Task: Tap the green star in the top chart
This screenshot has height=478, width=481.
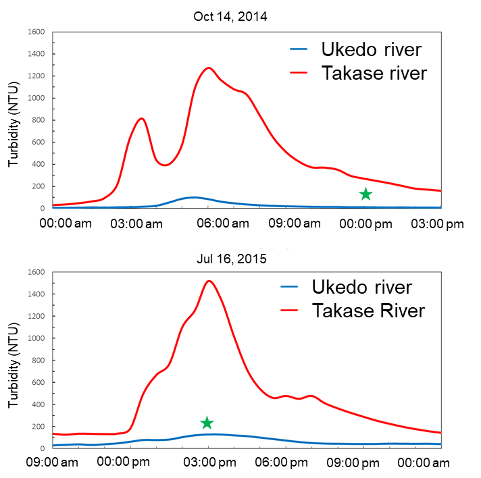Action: point(365,194)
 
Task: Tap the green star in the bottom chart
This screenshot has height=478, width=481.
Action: point(207,423)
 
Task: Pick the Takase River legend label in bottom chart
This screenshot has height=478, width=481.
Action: point(368,311)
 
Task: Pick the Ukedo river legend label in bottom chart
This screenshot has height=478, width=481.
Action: point(361,287)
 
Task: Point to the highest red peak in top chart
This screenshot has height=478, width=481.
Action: point(209,68)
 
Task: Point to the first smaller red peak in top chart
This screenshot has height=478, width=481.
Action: point(141,119)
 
